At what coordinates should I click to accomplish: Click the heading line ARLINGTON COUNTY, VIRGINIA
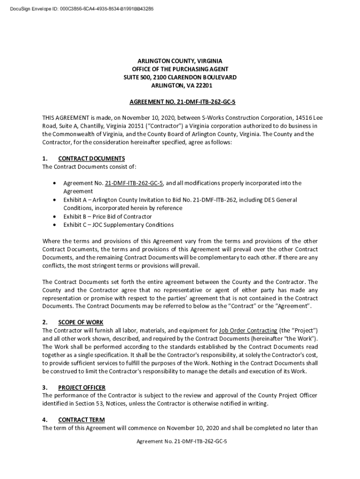pos(180,61)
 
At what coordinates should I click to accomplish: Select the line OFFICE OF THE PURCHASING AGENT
pos(180,69)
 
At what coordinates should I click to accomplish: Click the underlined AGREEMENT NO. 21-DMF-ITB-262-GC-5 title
pos(180,102)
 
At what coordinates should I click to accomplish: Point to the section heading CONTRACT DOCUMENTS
pos(91,159)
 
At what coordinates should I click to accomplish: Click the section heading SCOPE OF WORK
pos(80,322)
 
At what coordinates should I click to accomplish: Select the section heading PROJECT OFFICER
pos(82,388)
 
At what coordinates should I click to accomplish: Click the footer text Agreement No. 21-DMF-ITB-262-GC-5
pos(180,441)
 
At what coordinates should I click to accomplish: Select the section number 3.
pos(44,388)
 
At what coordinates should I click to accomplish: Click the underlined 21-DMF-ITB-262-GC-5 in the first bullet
pos(134,183)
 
